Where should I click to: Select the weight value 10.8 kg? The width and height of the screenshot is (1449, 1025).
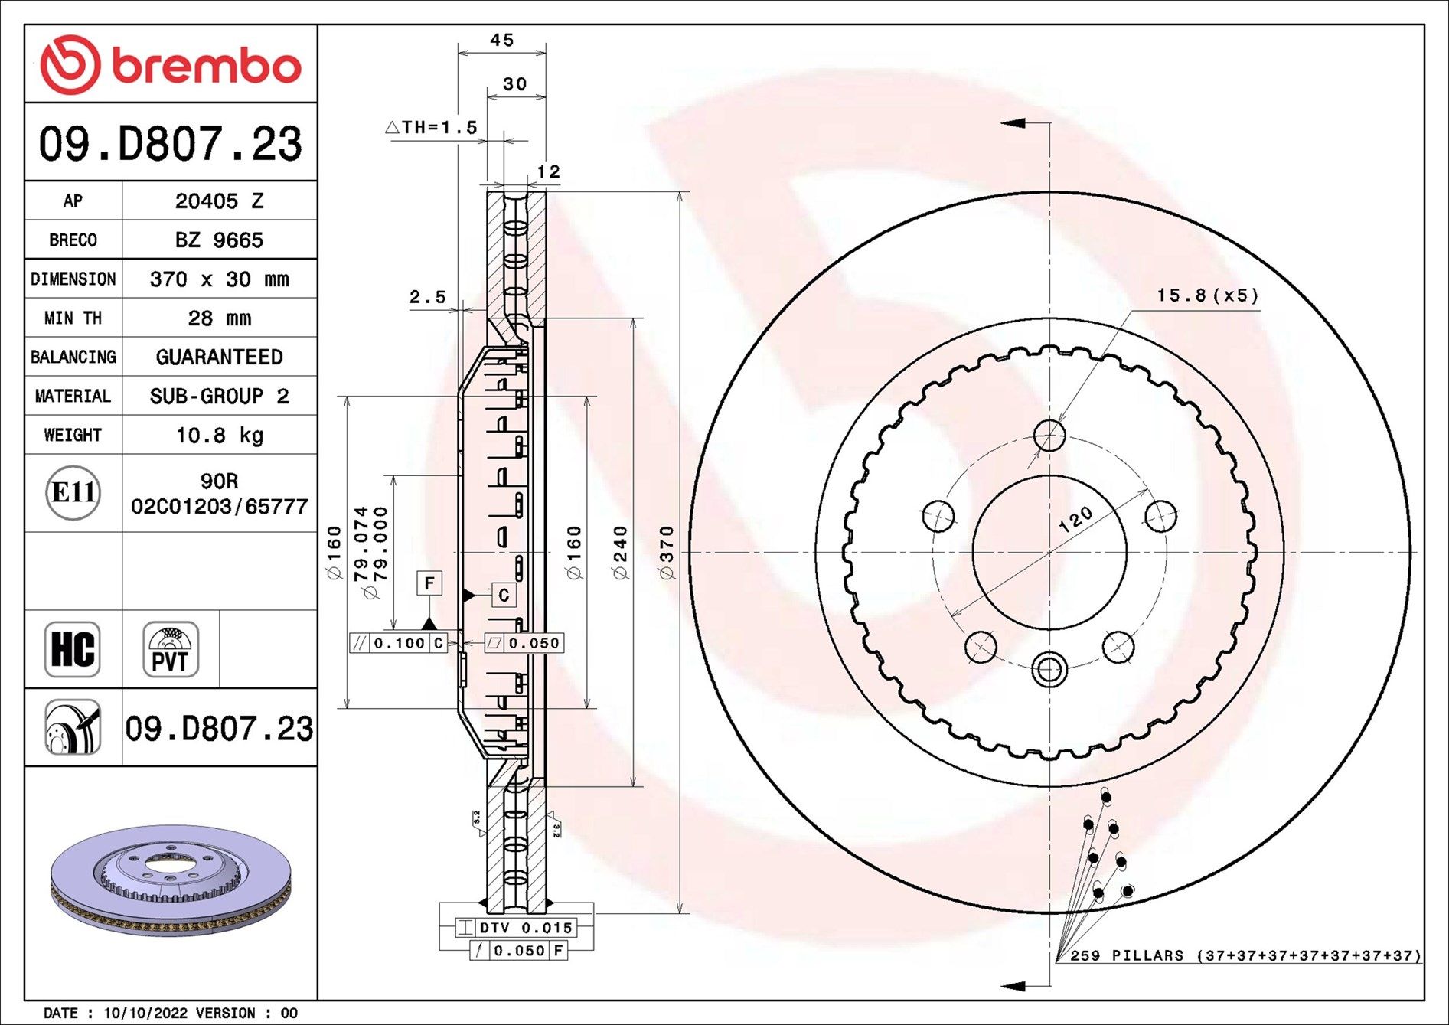220,435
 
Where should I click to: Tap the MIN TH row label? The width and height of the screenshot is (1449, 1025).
73,318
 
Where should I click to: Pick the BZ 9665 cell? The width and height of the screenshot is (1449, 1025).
220,240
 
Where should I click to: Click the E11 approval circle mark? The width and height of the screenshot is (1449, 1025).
73,492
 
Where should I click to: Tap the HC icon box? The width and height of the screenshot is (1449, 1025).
73,649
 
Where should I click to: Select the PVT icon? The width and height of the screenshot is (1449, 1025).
171,649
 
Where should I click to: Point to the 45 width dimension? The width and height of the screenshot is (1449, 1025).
502,40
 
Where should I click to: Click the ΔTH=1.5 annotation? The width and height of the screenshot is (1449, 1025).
431,127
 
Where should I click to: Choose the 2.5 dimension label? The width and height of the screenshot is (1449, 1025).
427,297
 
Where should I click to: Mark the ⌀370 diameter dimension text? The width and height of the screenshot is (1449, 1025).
667,553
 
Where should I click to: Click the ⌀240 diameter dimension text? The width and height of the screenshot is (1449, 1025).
620,553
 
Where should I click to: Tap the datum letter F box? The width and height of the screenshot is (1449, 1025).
429,583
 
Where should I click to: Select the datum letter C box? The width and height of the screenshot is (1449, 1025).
504,595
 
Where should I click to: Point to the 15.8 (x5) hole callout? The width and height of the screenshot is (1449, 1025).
1207,295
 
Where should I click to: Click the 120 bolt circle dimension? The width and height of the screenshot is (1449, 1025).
1075,519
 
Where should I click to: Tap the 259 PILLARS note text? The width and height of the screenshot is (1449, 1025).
1126,955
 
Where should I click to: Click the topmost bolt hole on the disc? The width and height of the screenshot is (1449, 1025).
1049,436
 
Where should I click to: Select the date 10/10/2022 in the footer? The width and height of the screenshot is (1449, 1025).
145,1013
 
